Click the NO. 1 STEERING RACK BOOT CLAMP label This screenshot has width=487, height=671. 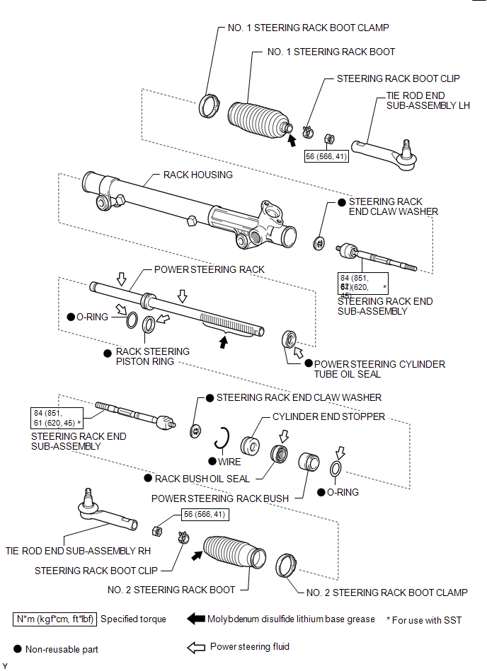(308, 28)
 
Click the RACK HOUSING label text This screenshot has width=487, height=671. (198, 175)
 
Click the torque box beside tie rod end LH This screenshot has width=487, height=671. (326, 156)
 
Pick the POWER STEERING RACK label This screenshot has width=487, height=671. (210, 269)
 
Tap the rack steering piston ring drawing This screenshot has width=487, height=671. (150, 325)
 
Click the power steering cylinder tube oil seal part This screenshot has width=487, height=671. (290, 338)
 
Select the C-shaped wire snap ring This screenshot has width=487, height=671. (224, 439)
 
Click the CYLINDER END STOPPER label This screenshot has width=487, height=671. (329, 416)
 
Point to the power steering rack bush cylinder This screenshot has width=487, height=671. (309, 464)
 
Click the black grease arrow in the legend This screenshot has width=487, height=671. (195, 619)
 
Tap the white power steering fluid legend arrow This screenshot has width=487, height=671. (196, 647)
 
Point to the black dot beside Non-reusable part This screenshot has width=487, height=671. (17, 648)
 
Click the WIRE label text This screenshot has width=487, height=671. (230, 462)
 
